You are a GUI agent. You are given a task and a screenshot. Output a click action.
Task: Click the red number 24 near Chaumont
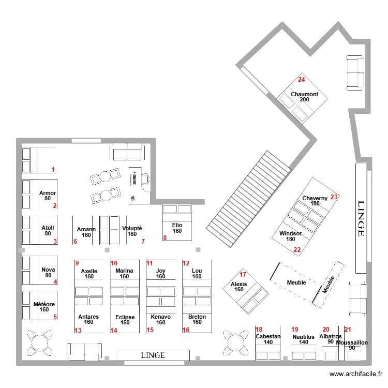[x=301, y=80]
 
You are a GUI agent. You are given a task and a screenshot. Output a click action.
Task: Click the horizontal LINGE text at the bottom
[x=153, y=355]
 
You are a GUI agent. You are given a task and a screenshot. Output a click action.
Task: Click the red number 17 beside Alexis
[x=243, y=275]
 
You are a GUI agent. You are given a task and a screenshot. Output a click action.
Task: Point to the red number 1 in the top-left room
[x=52, y=169]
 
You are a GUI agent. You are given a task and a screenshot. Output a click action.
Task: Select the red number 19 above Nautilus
[x=295, y=330]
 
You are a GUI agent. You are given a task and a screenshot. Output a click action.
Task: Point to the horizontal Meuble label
[x=296, y=282]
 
